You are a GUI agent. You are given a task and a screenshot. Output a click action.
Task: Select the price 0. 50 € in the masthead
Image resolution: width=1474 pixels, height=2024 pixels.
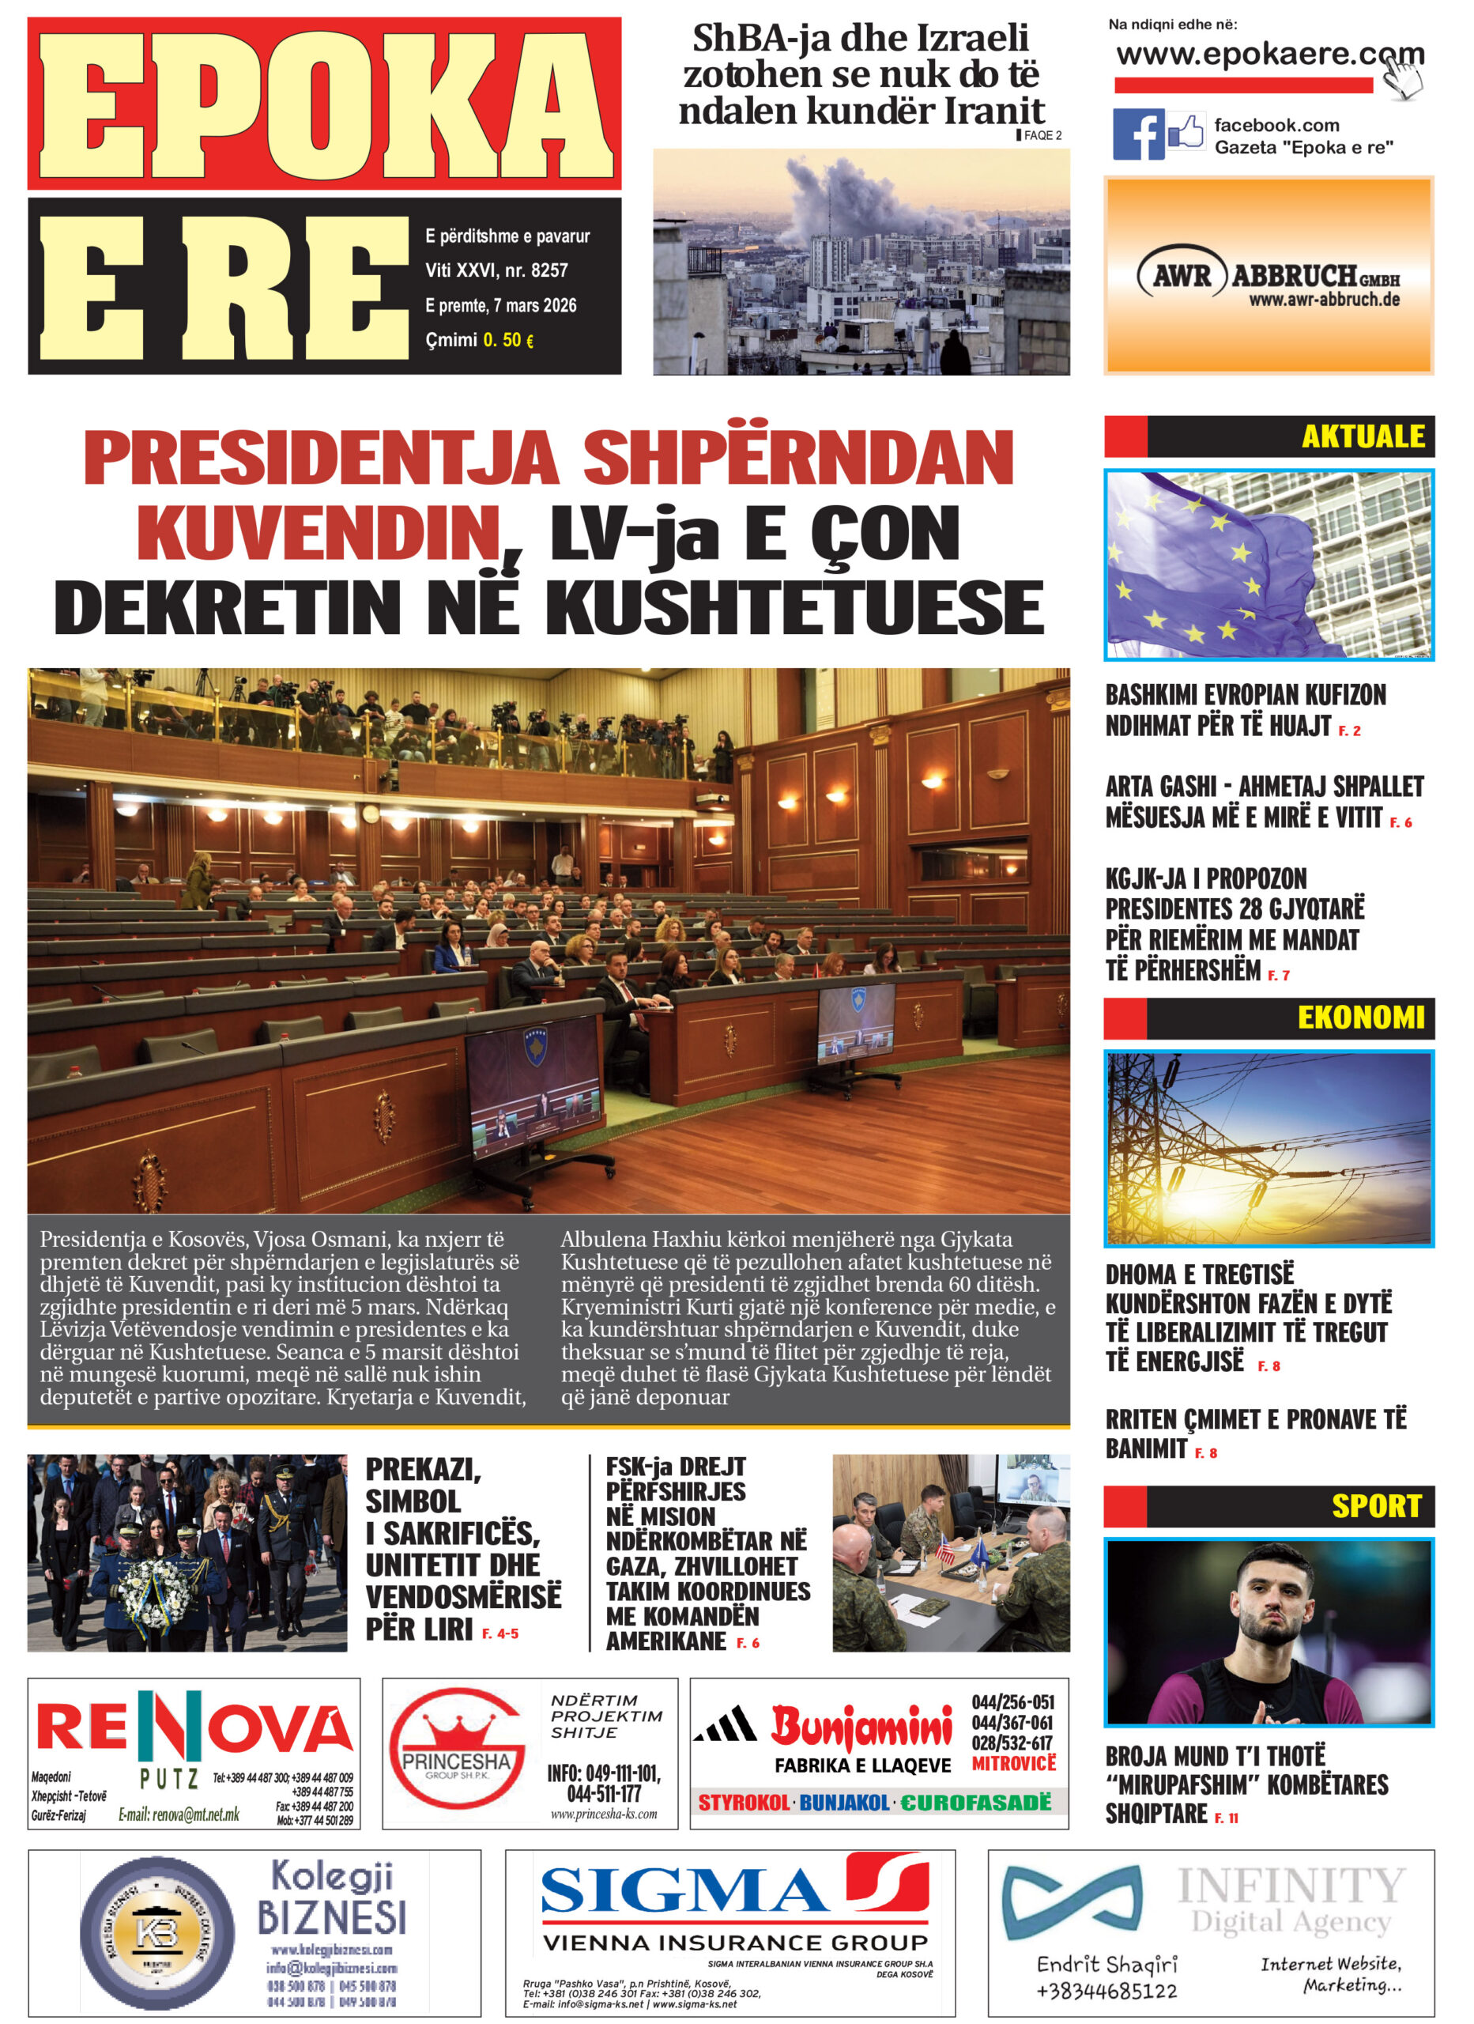(x=507, y=340)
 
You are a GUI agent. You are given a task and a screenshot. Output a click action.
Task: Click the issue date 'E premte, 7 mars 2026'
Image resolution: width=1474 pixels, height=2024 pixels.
(x=500, y=305)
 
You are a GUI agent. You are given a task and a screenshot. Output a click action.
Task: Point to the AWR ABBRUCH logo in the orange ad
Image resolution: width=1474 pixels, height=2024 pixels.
(x=1268, y=277)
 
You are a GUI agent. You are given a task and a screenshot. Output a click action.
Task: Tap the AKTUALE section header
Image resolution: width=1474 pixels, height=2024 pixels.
(x=1363, y=436)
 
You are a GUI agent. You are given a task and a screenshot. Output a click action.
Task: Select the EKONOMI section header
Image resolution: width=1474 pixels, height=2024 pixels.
(x=1359, y=1018)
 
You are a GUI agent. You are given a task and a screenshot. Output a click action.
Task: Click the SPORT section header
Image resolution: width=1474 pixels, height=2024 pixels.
(x=1375, y=1506)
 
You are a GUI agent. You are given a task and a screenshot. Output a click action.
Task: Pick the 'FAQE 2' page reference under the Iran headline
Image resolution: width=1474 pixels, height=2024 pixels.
(x=1040, y=136)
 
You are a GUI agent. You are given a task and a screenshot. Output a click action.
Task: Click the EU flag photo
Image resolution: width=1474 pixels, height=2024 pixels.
(x=1268, y=565)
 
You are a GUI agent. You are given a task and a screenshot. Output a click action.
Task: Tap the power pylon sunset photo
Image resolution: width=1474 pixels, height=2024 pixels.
(x=1268, y=1149)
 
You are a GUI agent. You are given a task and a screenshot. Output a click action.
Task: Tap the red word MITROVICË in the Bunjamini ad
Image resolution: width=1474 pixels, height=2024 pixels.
(x=1012, y=1763)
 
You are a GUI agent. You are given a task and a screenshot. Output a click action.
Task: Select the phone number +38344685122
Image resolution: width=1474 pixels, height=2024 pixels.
(x=1106, y=1991)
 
